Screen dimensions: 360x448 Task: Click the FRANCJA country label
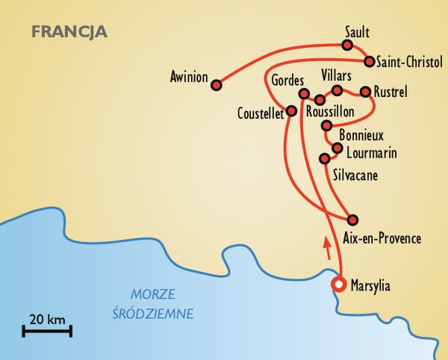click(x=69, y=32)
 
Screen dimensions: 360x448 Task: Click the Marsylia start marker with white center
click(x=339, y=285)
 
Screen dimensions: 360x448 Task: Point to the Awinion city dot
click(x=217, y=85)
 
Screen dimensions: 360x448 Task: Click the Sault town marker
click(x=346, y=45)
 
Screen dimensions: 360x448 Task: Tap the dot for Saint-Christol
click(x=368, y=60)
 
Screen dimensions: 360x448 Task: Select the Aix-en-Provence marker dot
click(x=353, y=220)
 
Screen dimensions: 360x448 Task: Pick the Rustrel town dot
click(x=365, y=92)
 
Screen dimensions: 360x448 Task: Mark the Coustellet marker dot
click(x=291, y=111)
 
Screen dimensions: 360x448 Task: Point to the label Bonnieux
click(x=361, y=136)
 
